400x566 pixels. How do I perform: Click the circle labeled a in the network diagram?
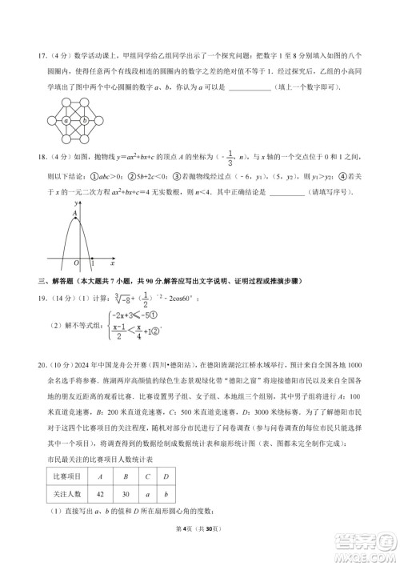coord(66,121)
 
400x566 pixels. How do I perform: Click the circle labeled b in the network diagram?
coord(85,121)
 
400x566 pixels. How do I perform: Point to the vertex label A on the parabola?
coord(74,215)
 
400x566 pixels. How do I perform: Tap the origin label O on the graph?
coord(77,263)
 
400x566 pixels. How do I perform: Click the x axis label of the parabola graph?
coord(112,263)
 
